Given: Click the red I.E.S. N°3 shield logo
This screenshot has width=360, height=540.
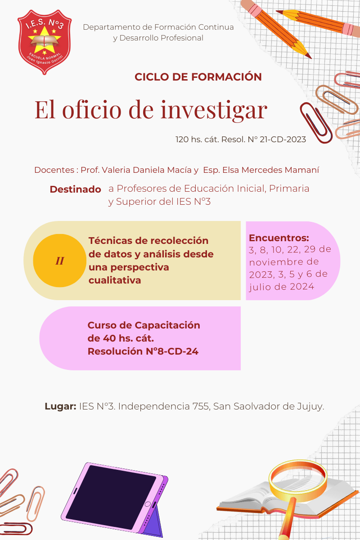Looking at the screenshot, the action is [45, 42].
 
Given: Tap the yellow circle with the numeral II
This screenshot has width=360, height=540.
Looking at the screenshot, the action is [59, 261].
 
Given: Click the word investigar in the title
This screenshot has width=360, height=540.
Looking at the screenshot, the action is [214, 110].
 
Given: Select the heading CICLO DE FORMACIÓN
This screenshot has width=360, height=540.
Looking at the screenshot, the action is [198, 77].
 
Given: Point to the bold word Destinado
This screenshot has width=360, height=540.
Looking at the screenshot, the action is [75, 189].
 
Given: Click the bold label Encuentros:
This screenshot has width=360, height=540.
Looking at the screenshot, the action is [279, 238].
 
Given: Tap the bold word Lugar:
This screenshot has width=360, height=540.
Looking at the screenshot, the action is [60, 406].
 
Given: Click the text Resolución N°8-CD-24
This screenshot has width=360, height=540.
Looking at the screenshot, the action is [143, 351].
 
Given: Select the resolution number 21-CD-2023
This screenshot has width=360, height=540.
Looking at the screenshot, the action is [283, 139].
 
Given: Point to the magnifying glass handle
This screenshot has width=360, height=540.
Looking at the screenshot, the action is [288, 518].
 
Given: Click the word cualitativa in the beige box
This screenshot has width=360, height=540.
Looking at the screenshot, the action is [115, 280].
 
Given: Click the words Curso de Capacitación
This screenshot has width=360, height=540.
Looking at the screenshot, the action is [144, 325].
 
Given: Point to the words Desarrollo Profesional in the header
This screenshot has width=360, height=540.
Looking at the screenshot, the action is [161, 38].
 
